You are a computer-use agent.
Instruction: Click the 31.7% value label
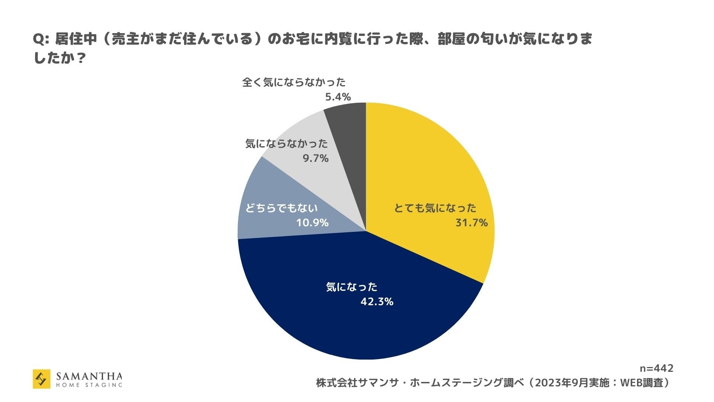[471, 223]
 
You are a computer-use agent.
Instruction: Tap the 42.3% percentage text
[377, 301]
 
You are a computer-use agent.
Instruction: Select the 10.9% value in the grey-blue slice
[312, 223]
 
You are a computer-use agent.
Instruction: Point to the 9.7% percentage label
[315, 159]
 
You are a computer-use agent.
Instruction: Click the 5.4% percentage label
[338, 97]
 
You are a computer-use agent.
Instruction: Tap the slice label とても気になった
[435, 208]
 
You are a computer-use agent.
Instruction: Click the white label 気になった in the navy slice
[351, 287]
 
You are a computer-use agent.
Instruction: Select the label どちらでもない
[282, 208]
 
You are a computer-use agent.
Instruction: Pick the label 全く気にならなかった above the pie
[294, 82]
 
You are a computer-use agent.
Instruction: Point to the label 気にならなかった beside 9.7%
[286, 144]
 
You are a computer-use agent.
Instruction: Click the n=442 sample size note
[656, 368]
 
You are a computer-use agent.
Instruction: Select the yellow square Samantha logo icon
[42, 379]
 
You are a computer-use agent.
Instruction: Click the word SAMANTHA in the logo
[89, 376]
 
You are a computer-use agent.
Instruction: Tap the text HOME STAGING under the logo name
[89, 385]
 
